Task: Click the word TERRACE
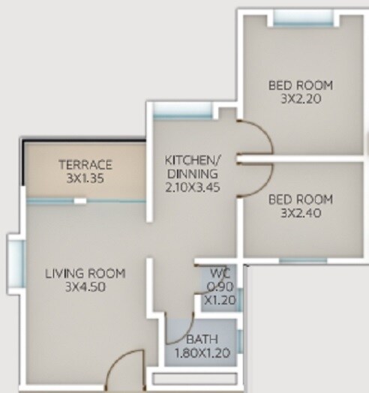[85, 165]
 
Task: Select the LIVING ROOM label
[84, 273]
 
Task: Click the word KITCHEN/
[192, 160]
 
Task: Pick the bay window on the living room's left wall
[15, 267]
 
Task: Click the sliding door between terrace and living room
[85, 201]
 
